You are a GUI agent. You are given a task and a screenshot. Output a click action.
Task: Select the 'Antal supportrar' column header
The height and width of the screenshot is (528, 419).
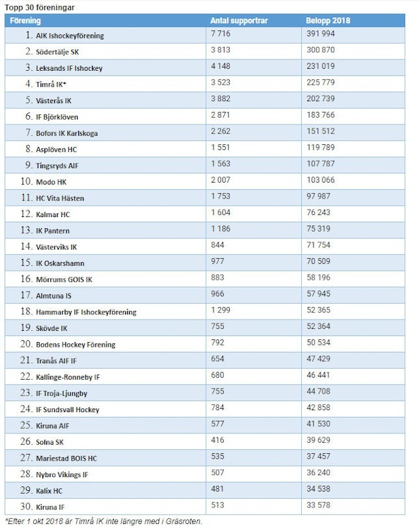(x=239, y=21)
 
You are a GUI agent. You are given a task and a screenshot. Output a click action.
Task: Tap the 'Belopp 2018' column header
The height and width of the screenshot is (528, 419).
(x=328, y=21)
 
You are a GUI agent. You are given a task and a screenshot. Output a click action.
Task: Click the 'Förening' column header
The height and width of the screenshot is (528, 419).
(x=26, y=21)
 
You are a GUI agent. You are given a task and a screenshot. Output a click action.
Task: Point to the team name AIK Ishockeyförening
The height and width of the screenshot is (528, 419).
(x=70, y=36)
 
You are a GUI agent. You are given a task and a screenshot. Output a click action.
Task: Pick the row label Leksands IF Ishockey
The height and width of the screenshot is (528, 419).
(x=69, y=68)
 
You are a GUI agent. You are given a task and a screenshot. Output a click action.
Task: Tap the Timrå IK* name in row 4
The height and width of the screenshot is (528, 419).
(x=51, y=84)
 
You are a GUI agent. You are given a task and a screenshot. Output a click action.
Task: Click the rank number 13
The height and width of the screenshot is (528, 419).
(x=27, y=230)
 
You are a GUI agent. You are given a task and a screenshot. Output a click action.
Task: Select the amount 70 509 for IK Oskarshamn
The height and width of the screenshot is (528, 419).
(x=319, y=262)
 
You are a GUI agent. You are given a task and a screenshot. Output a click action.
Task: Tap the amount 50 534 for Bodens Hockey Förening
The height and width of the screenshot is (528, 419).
(x=319, y=343)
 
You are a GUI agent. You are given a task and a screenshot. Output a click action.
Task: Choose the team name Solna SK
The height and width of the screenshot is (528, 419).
(x=50, y=441)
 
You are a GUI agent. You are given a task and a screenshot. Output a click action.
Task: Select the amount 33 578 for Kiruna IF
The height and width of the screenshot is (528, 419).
(x=319, y=506)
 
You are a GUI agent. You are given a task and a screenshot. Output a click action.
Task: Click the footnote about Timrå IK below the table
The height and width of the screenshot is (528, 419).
(x=103, y=521)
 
